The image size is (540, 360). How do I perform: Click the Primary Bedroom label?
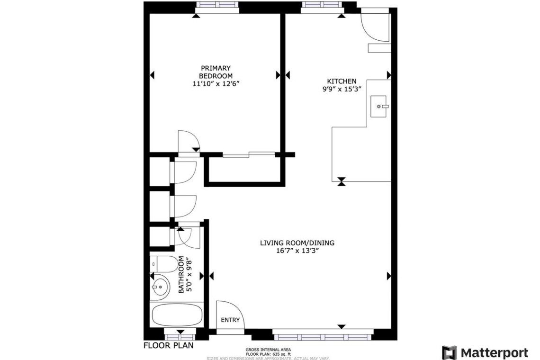(216, 72)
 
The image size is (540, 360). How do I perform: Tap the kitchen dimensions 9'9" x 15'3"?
(342, 89)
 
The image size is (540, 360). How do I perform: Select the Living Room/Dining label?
(297, 243)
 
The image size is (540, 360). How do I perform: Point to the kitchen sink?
(379, 107)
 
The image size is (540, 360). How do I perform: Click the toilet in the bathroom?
(164, 264)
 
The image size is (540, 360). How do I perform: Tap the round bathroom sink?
(160, 286)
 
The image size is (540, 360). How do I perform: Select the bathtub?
(177, 315)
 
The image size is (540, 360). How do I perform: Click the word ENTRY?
(230, 320)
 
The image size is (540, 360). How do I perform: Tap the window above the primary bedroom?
(217, 5)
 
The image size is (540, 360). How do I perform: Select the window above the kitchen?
(322, 5)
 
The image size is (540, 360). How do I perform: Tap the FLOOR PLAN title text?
(169, 345)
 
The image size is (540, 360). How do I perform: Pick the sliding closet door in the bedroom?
(249, 154)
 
